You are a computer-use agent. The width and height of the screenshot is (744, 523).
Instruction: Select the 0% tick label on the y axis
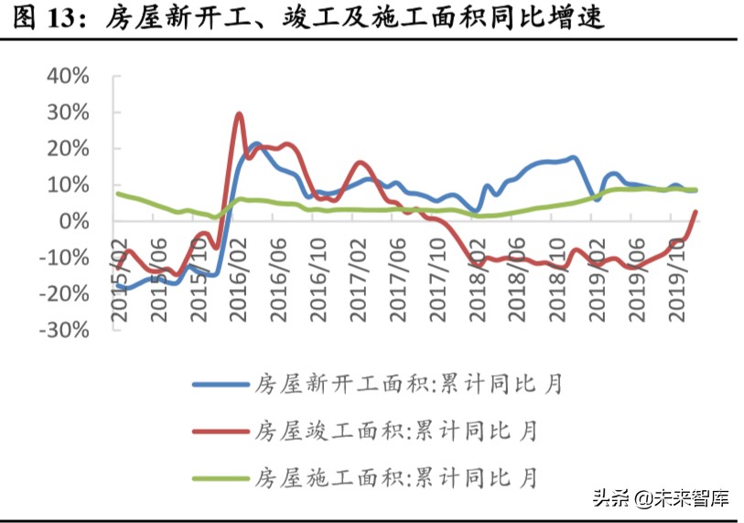coord(73,222)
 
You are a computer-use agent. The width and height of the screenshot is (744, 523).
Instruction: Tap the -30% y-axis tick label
coord(64,330)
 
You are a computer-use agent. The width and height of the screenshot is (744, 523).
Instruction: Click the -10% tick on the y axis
coord(64,258)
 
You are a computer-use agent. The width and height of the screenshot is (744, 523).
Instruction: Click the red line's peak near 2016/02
coord(239,114)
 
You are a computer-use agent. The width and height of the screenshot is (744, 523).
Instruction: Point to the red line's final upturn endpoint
coord(695,212)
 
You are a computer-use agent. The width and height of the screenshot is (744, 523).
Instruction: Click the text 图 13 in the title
coord(46,17)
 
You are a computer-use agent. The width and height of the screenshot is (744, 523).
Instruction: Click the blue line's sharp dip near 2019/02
coord(597,199)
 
